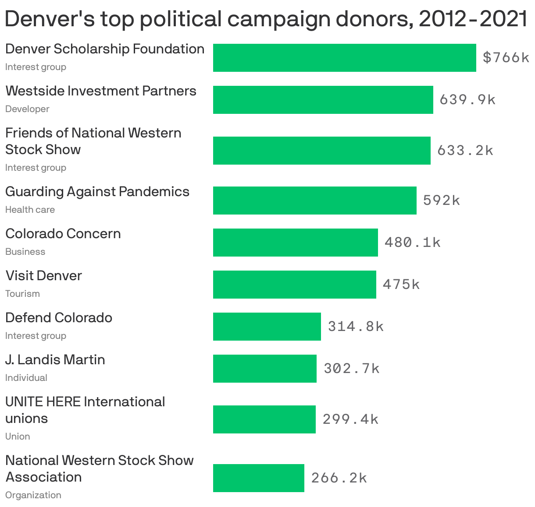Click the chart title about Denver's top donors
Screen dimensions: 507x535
click(266, 19)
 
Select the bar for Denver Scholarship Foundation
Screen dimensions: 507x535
click(344, 58)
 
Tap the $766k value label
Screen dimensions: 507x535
click(506, 58)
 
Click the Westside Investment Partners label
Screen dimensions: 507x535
click(101, 91)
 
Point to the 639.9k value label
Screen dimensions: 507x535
click(467, 100)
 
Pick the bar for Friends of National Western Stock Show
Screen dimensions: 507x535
click(321, 151)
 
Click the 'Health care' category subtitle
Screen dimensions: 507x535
click(30, 210)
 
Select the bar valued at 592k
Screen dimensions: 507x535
click(314, 201)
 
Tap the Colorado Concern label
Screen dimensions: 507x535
click(63, 234)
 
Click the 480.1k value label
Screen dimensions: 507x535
click(412, 243)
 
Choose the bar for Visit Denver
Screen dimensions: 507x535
click(294, 285)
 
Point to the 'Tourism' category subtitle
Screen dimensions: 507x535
click(22, 294)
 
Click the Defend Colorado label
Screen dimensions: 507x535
click(59, 318)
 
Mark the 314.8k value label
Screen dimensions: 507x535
click(356, 327)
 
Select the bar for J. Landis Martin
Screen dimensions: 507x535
click(264, 369)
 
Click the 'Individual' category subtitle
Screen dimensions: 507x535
click(26, 378)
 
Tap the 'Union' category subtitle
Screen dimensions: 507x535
click(18, 437)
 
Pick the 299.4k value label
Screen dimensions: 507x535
click(350, 419)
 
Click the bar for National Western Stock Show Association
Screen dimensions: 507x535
click(258, 478)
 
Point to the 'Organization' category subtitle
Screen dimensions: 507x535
click(33, 495)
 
